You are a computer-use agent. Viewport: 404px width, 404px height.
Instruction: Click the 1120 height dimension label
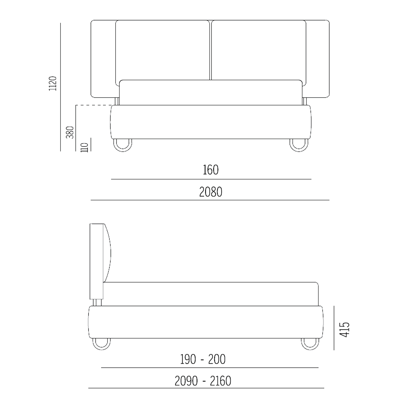(53, 83)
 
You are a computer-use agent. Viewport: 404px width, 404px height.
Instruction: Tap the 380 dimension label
(70, 132)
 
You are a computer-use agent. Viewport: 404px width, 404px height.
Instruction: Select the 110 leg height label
(85, 147)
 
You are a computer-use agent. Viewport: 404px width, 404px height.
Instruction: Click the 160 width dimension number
(211, 170)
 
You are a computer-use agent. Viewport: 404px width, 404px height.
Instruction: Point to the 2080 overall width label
(211, 192)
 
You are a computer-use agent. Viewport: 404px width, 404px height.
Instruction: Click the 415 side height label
(344, 330)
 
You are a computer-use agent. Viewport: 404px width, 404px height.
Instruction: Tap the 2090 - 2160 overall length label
(203, 381)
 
